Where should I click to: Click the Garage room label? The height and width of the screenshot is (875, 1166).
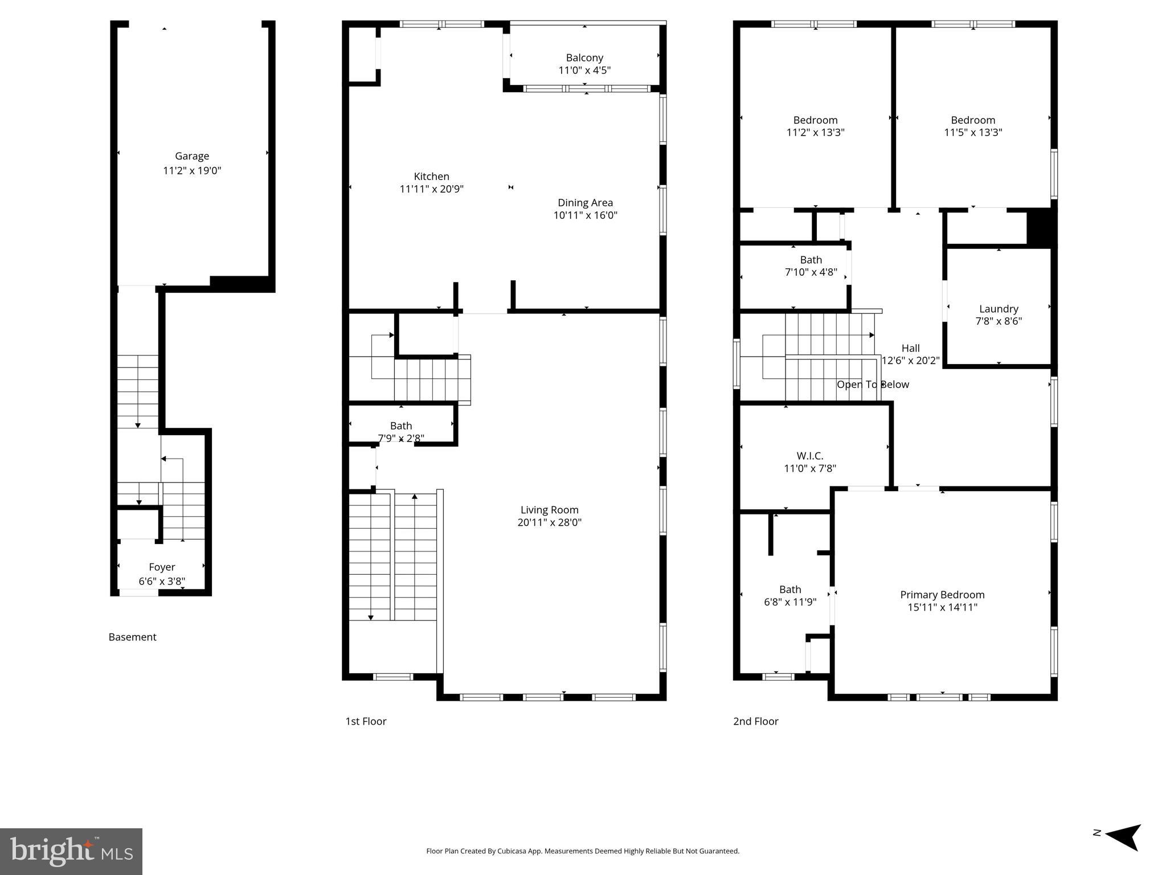(191, 156)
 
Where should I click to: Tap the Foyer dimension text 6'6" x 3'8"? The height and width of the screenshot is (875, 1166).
(162, 581)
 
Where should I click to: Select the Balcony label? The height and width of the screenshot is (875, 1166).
(584, 58)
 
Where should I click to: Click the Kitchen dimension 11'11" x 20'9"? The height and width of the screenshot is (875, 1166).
(431, 189)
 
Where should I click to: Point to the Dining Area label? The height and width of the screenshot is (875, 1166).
(585, 203)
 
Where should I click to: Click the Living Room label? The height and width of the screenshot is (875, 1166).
(549, 510)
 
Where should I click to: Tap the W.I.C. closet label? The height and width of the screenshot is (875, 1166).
(809, 456)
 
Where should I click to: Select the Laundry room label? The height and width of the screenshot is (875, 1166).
(998, 309)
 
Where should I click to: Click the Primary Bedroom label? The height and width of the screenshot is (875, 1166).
(942, 595)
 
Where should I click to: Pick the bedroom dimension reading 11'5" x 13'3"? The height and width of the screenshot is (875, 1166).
(972, 132)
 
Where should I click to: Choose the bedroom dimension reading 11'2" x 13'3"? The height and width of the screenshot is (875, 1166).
(815, 132)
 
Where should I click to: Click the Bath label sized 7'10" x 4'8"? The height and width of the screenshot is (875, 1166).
(811, 260)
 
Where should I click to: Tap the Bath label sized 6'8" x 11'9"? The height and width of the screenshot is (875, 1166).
(789, 589)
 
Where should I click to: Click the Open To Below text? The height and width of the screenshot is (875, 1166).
(872, 385)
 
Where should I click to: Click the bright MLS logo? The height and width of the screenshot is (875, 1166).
(71, 851)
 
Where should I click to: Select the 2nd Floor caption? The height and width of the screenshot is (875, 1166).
(755, 721)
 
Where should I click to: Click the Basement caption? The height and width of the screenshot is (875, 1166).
(132, 637)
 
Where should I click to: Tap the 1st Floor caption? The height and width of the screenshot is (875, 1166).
(366, 721)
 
